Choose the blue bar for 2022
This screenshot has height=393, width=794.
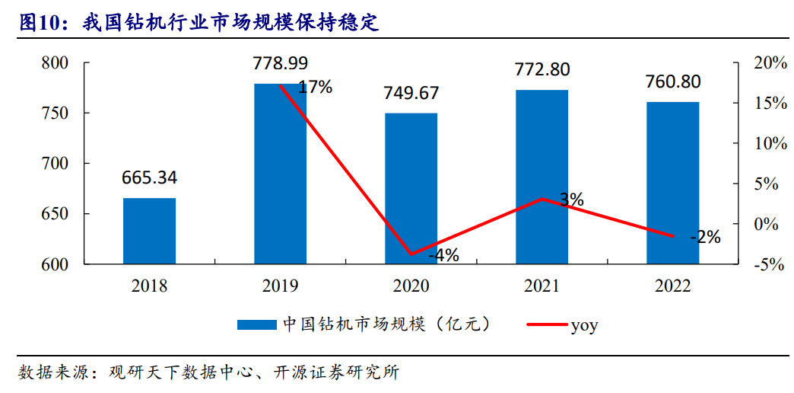pyautogui.click(x=672, y=183)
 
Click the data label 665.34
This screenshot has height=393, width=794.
pyautogui.click(x=150, y=178)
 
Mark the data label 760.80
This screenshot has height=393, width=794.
pyautogui.click(x=672, y=81)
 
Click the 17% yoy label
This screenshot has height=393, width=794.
pyautogui.click(x=315, y=87)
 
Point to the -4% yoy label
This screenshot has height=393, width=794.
pyautogui.click(x=443, y=256)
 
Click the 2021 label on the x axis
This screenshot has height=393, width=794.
pyautogui.click(x=542, y=286)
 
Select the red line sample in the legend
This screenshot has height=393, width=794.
pyautogui.click(x=546, y=325)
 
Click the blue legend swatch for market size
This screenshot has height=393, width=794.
pyautogui.click(x=256, y=325)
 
